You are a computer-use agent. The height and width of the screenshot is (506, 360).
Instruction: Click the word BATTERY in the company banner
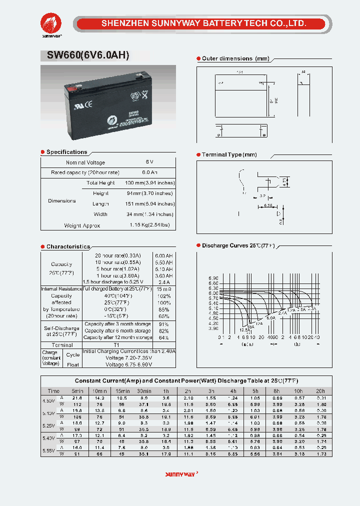(218, 23)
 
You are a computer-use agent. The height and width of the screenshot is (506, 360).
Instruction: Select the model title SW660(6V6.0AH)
(88, 55)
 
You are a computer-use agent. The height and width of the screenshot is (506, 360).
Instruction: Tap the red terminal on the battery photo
(72, 90)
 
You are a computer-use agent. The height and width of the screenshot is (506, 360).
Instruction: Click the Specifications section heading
(66, 152)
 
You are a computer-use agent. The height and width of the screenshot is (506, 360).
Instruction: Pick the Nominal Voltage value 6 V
(149, 162)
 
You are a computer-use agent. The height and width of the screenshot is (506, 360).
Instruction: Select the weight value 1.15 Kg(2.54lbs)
(149, 225)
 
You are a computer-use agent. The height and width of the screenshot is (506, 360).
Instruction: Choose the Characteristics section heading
(68, 246)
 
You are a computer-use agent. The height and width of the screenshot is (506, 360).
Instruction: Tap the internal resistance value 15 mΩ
(163, 289)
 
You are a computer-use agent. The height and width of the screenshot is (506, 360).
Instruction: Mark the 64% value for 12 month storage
(163, 337)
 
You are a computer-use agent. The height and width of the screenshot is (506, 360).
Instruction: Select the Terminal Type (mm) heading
(229, 155)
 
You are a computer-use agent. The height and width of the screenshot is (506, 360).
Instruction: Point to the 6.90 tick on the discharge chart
(213, 278)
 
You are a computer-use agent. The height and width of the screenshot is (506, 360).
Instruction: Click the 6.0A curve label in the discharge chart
(270, 318)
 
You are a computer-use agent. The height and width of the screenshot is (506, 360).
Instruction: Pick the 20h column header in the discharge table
(320, 391)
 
